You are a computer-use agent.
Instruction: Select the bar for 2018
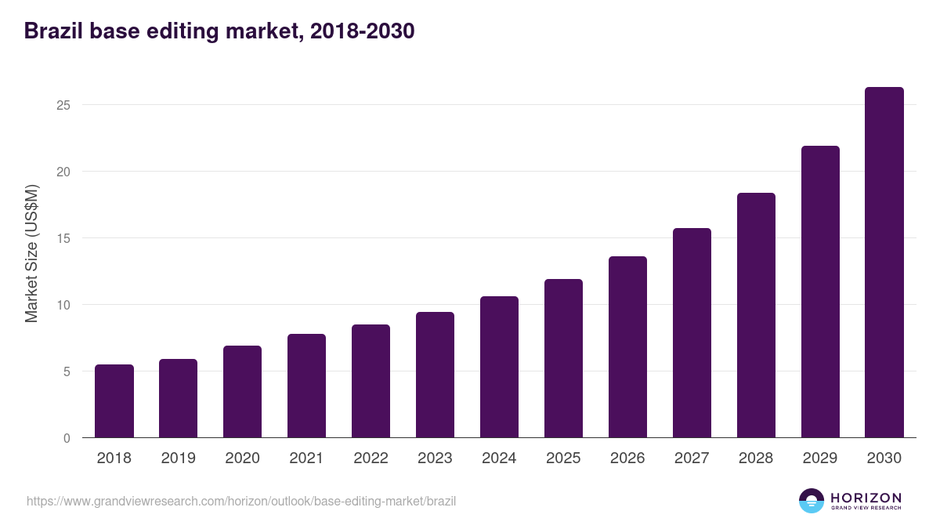coord(114,401)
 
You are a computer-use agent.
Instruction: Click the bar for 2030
coord(884,263)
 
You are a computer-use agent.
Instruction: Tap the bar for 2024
coord(499,367)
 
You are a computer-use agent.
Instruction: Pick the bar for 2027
coord(692,333)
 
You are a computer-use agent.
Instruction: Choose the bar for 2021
coord(306,386)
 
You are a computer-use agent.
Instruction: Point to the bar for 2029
coord(820,292)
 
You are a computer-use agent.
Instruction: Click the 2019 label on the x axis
coord(179,458)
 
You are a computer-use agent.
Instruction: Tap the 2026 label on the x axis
coord(627,458)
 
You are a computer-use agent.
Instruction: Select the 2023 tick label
coord(435,458)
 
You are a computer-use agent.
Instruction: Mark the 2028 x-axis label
coord(756,458)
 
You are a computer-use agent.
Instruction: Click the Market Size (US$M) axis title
coord(31,253)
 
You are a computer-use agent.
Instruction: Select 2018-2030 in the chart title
coord(362,31)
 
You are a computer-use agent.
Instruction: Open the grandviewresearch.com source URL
coord(241,501)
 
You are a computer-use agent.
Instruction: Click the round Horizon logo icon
coord(812,501)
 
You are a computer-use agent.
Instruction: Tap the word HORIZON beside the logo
coord(866,498)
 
